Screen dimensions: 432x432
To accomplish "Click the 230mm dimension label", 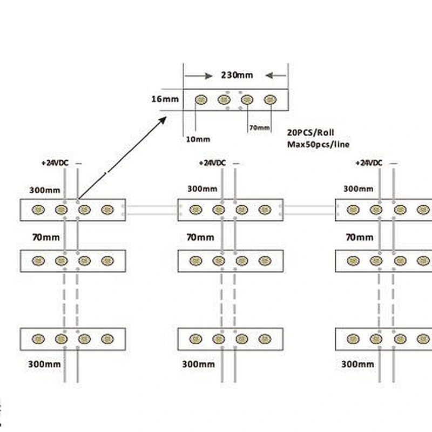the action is coord(237,75).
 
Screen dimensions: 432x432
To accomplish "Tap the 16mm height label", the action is coord(165,99).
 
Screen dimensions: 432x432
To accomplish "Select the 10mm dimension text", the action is coord(198,139).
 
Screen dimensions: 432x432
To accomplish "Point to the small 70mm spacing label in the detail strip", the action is coord(259,127).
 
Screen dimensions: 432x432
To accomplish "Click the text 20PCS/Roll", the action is coord(310,132).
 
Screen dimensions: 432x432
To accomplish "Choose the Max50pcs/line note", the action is coord(318,144).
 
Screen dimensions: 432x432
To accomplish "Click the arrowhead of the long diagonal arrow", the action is coord(163,120).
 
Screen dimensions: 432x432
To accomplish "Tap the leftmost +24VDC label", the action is coord(55,163).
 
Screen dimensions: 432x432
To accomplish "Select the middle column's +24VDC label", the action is coord(212,163).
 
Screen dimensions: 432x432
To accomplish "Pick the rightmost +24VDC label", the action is coord(369,163).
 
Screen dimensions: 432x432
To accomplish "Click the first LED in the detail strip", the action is coord(201,99).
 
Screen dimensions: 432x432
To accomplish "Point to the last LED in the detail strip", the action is coord(270,99).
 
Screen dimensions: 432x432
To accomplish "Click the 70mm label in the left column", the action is coord(46,237).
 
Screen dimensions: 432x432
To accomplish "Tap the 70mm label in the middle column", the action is coord(200,237).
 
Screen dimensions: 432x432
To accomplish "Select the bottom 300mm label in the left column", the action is coord(44,364).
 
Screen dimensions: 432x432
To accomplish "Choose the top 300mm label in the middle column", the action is coord(202,188).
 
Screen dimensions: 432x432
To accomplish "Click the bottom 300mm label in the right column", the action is coord(357,364).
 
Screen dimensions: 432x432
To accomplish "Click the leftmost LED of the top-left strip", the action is coord(38,210).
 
